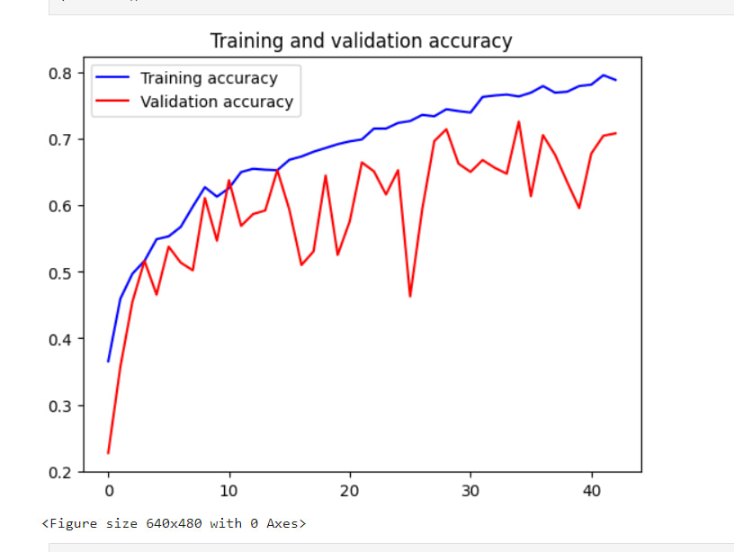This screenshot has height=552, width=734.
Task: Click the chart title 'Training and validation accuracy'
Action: (361, 41)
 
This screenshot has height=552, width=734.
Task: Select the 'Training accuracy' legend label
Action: (209, 78)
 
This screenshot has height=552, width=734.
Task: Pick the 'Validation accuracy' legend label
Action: (217, 102)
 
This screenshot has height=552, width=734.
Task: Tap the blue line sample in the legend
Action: (114, 78)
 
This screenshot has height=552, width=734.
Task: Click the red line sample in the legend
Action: (114, 102)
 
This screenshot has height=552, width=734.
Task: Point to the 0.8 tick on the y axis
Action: (60, 73)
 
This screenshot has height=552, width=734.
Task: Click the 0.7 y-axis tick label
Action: (60, 139)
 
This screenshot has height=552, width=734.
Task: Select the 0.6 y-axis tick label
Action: (60, 206)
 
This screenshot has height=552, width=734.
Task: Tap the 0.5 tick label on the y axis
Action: (60, 272)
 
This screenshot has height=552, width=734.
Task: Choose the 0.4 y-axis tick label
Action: (60, 339)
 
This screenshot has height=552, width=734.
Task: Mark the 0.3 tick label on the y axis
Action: (60, 405)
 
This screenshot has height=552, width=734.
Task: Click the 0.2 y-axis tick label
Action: (60, 472)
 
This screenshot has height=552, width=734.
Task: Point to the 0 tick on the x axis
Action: (108, 492)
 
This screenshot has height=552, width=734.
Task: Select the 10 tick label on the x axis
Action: (228, 492)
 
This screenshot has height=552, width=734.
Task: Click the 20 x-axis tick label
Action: (350, 492)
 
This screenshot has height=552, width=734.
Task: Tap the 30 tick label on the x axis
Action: (470, 492)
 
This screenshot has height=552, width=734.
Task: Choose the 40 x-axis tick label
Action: (591, 492)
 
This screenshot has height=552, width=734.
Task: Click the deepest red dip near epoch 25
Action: (410, 296)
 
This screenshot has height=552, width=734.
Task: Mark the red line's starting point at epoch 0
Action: (108, 452)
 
